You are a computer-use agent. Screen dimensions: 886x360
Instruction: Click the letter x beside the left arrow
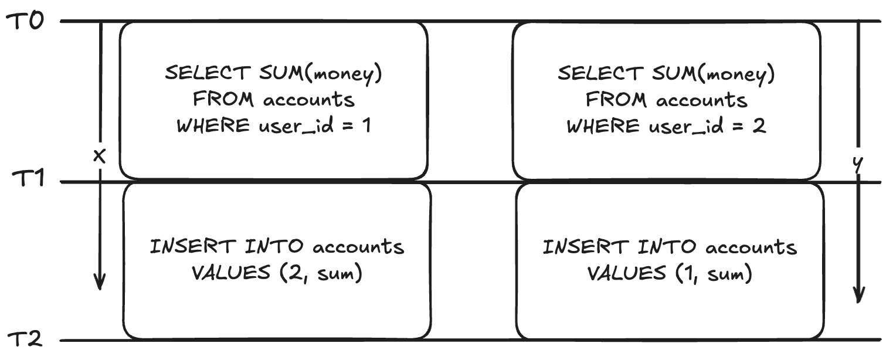tap(100, 155)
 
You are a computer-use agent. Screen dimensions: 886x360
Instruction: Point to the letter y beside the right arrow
tap(858, 165)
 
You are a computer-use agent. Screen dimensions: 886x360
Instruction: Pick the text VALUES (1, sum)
tap(670, 273)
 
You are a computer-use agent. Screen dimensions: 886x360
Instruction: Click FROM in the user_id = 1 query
tap(223, 100)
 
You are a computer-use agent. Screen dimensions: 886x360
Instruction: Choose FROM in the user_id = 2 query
tap(616, 100)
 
